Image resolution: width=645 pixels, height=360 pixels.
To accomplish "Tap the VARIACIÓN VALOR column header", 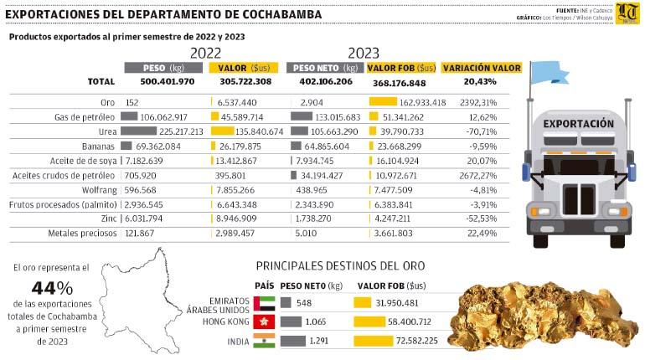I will tap(482, 68).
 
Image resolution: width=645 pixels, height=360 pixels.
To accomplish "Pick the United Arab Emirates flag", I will tap(265, 302).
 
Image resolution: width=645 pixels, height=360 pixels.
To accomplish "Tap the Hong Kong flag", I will tap(265, 321).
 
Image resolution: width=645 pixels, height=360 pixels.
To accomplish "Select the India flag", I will tap(265, 341).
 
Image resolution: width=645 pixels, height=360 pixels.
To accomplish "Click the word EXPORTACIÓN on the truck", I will tap(578, 123).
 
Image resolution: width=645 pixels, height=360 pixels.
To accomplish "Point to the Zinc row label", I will tap(105, 219).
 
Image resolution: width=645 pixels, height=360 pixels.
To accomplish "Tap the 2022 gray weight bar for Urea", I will tap(138, 131).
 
